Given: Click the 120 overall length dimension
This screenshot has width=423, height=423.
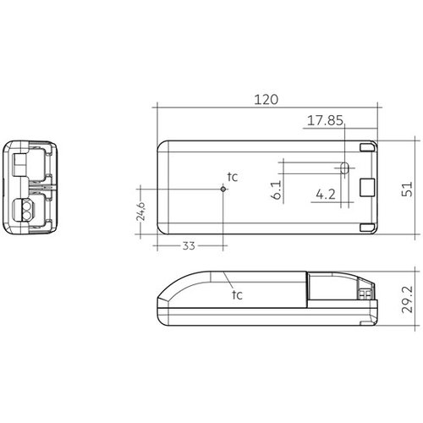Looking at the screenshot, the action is (266, 100).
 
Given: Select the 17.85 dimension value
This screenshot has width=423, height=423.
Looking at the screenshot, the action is (325, 120).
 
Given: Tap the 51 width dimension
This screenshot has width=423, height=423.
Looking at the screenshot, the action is (407, 189).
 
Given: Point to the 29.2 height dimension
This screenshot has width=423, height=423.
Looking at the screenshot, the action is (407, 299).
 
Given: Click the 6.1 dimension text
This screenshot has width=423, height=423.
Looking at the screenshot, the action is (276, 190).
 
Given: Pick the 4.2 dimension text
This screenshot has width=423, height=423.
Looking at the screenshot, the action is (326, 195).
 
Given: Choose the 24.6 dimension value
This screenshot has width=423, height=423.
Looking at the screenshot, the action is (140, 211).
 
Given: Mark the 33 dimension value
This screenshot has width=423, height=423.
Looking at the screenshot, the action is (189, 246).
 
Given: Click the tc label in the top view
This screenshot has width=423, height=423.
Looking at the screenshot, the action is (233, 177).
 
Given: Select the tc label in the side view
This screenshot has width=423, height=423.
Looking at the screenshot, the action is (237, 294).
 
